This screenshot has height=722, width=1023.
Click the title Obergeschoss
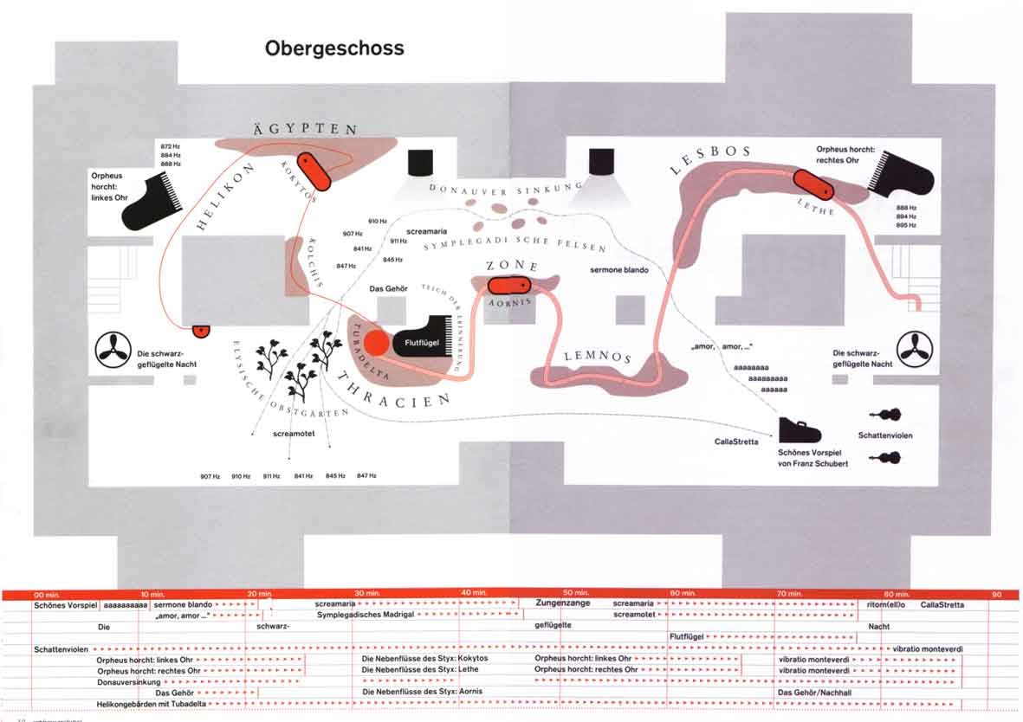(x=334, y=48)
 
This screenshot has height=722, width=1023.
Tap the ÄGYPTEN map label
(x=305, y=129)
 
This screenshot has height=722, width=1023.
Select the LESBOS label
(x=710, y=158)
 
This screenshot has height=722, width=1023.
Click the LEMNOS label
(x=598, y=357)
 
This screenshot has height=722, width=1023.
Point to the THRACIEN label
(x=394, y=390)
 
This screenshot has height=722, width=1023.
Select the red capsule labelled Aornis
(x=508, y=285)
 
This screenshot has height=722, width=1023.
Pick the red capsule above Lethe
(x=813, y=184)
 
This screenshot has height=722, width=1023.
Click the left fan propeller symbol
(x=112, y=349)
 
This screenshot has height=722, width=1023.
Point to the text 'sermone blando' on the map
(x=619, y=270)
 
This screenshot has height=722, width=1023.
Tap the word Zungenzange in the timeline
(x=563, y=603)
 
